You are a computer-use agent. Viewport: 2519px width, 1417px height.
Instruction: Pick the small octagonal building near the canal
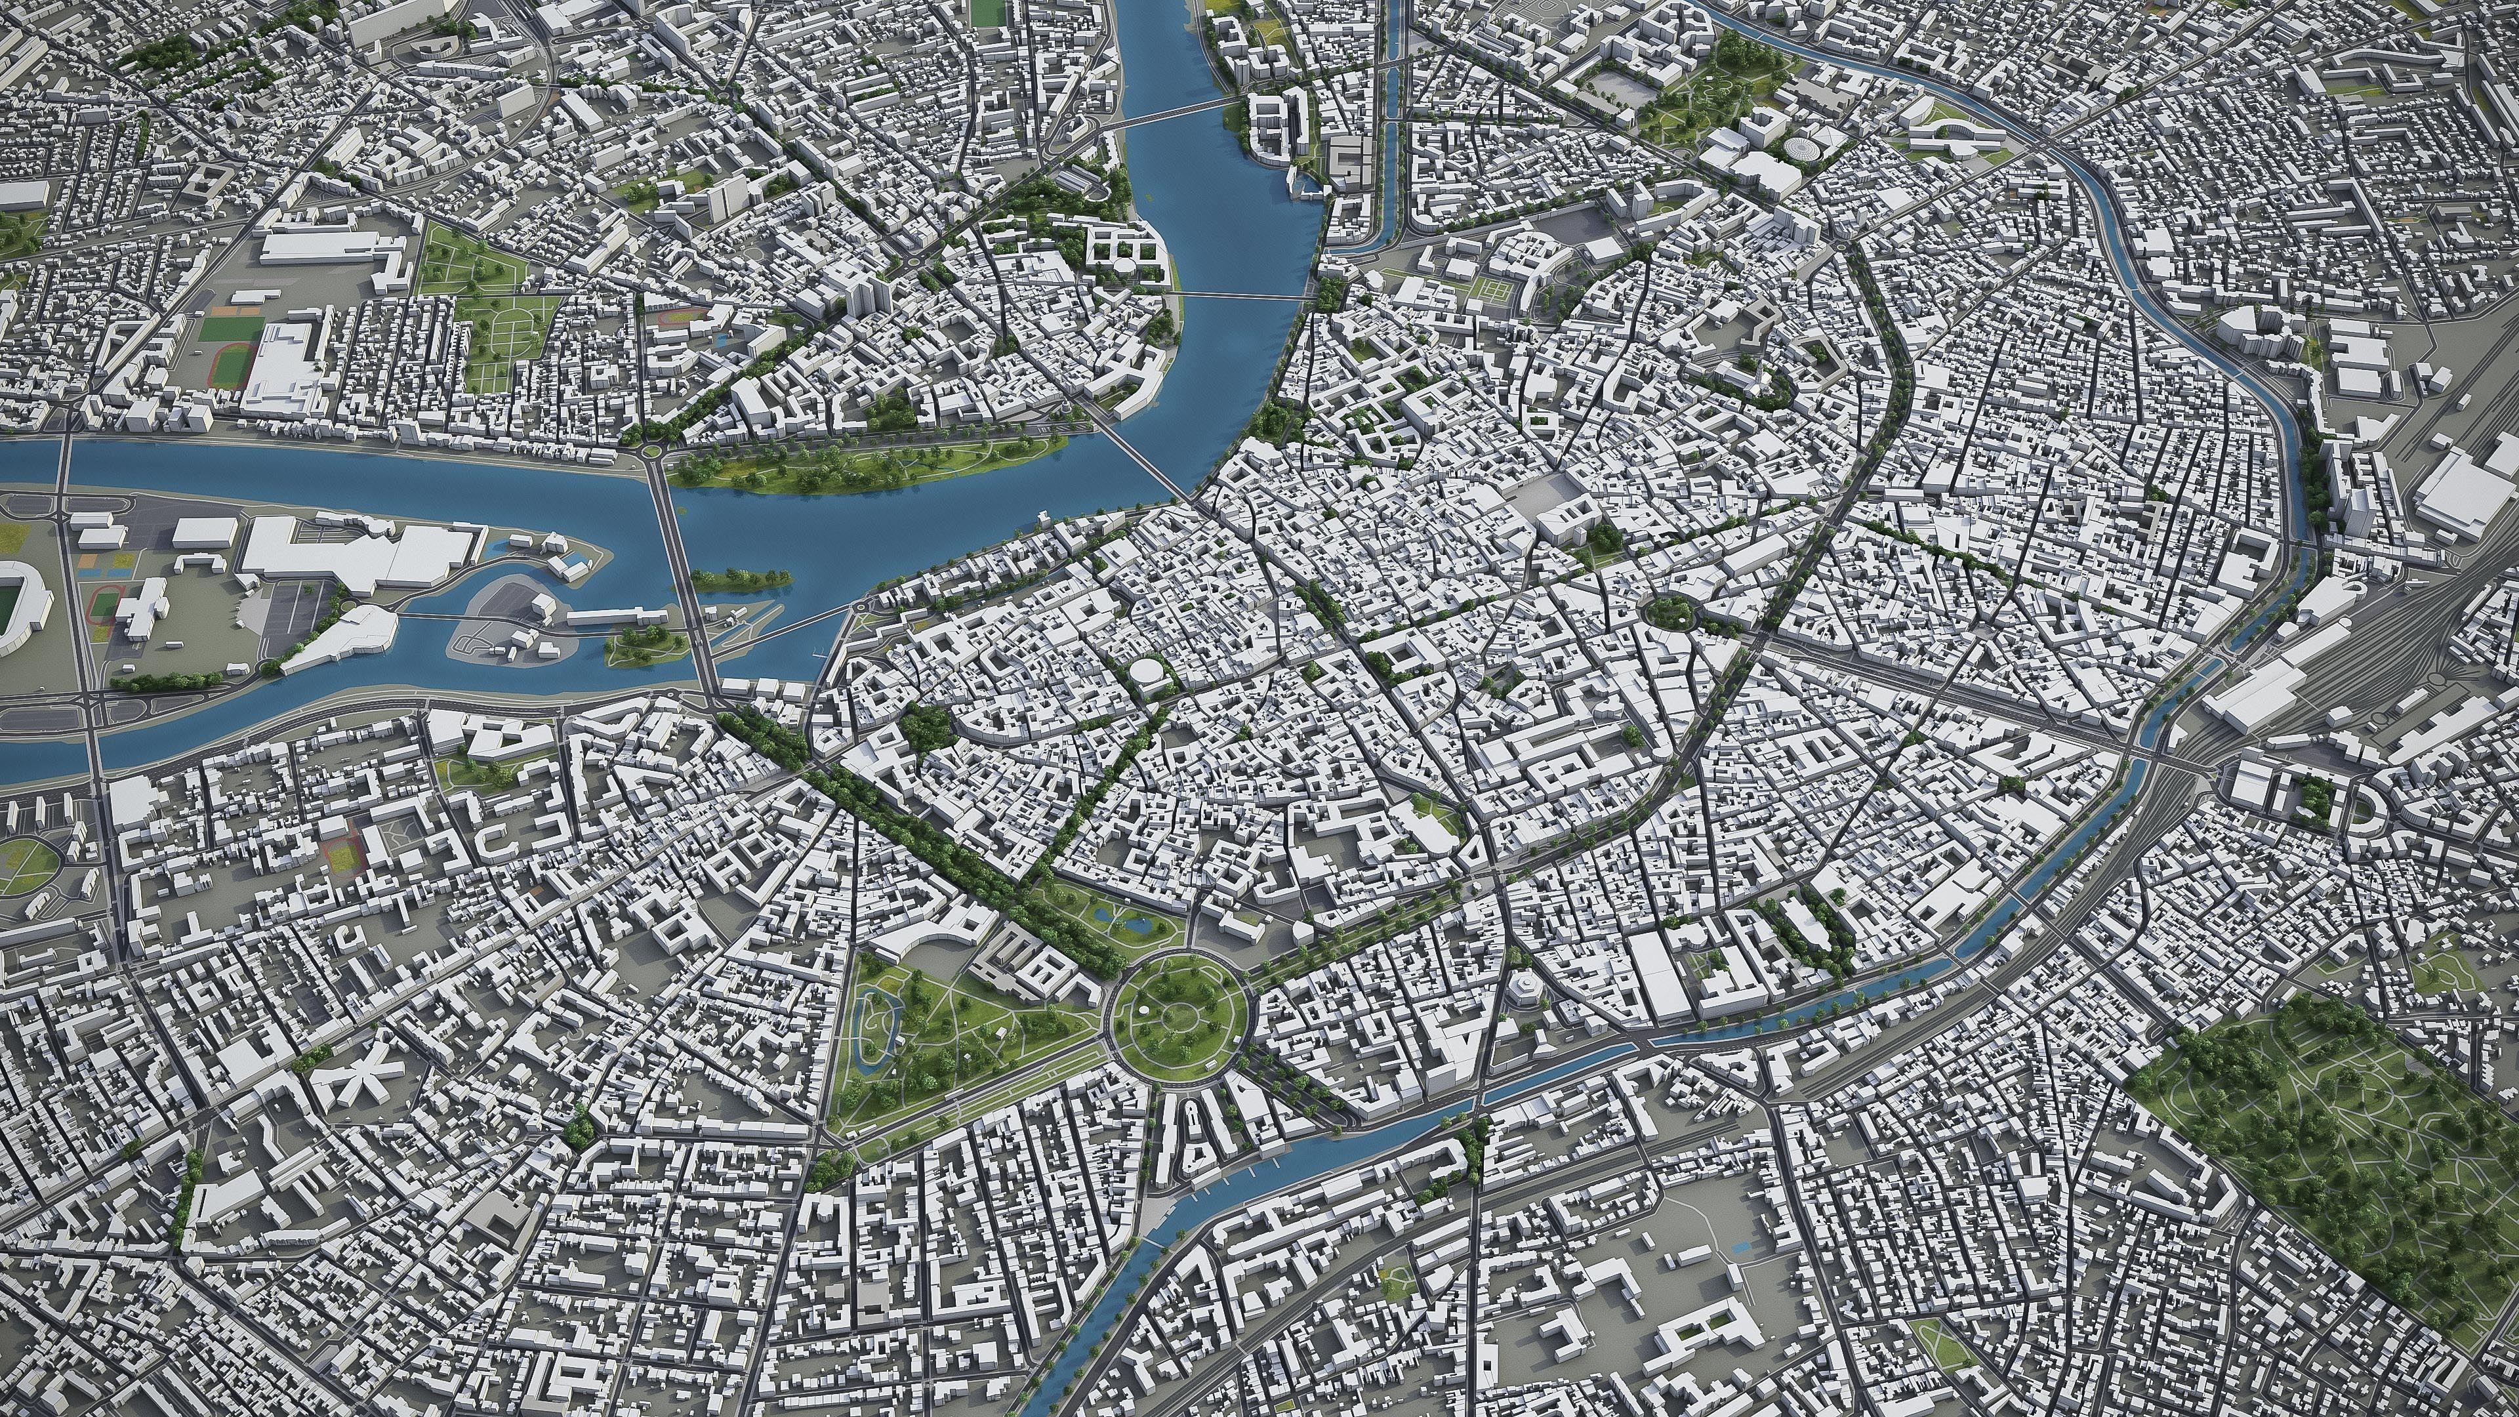pyautogui.click(x=1522, y=1017)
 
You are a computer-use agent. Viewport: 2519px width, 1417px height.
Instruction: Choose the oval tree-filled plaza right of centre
pyautogui.click(x=1668, y=611)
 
